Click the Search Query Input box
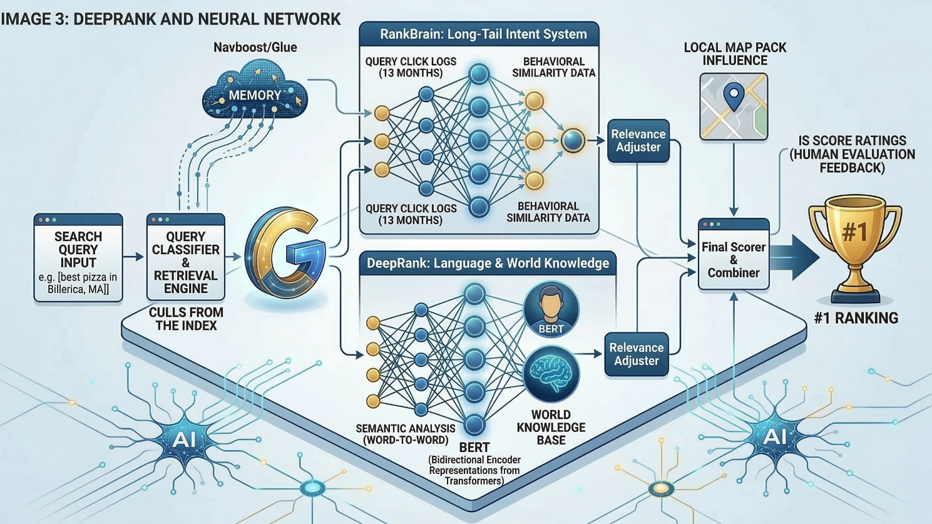point(78,258)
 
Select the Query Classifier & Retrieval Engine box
point(185,258)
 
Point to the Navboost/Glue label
point(255,47)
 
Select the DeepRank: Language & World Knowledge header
point(488,263)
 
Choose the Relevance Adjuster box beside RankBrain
point(638,141)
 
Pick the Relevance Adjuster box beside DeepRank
point(636,354)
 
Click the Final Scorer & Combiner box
point(733,259)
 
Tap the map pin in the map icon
point(733,96)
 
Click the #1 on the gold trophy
point(855,232)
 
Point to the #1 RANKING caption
point(856,318)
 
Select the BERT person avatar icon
point(551,309)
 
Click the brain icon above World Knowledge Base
point(551,374)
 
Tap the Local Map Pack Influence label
point(735,54)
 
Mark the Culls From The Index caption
point(186,319)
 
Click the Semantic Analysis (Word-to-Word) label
point(406,434)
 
